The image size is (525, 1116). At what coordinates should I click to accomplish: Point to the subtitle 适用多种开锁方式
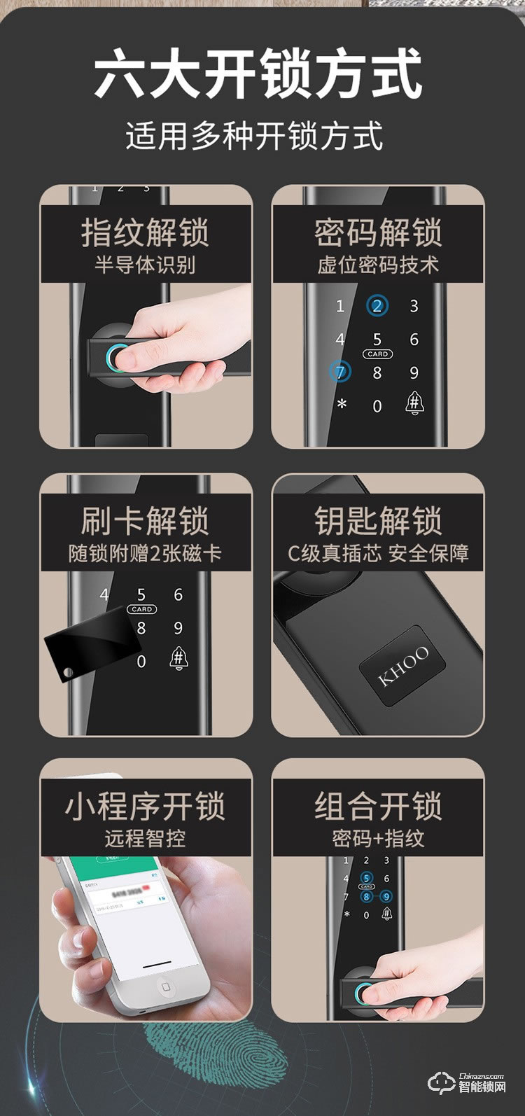click(x=255, y=135)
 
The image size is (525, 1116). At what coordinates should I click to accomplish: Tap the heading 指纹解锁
click(x=145, y=232)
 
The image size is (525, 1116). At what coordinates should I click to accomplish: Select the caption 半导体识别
click(x=145, y=265)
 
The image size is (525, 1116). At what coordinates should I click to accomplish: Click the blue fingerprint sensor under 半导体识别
click(x=118, y=358)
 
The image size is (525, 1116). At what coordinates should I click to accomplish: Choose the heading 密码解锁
click(x=378, y=232)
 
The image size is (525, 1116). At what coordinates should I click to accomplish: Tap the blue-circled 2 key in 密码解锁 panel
click(x=377, y=306)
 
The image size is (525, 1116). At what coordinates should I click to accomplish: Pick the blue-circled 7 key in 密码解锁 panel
click(x=340, y=372)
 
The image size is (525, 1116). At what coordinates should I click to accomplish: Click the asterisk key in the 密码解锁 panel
click(x=342, y=405)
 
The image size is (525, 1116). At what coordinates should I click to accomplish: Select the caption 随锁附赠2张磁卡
click(x=145, y=553)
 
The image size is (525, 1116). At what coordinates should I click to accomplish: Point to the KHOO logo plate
click(x=404, y=666)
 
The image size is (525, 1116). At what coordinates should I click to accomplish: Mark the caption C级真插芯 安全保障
click(x=378, y=553)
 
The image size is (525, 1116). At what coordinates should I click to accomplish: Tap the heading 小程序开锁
click(x=145, y=806)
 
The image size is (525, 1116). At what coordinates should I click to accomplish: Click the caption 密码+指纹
click(x=378, y=838)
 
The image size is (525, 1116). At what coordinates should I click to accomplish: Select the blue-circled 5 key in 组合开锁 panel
click(x=366, y=879)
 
